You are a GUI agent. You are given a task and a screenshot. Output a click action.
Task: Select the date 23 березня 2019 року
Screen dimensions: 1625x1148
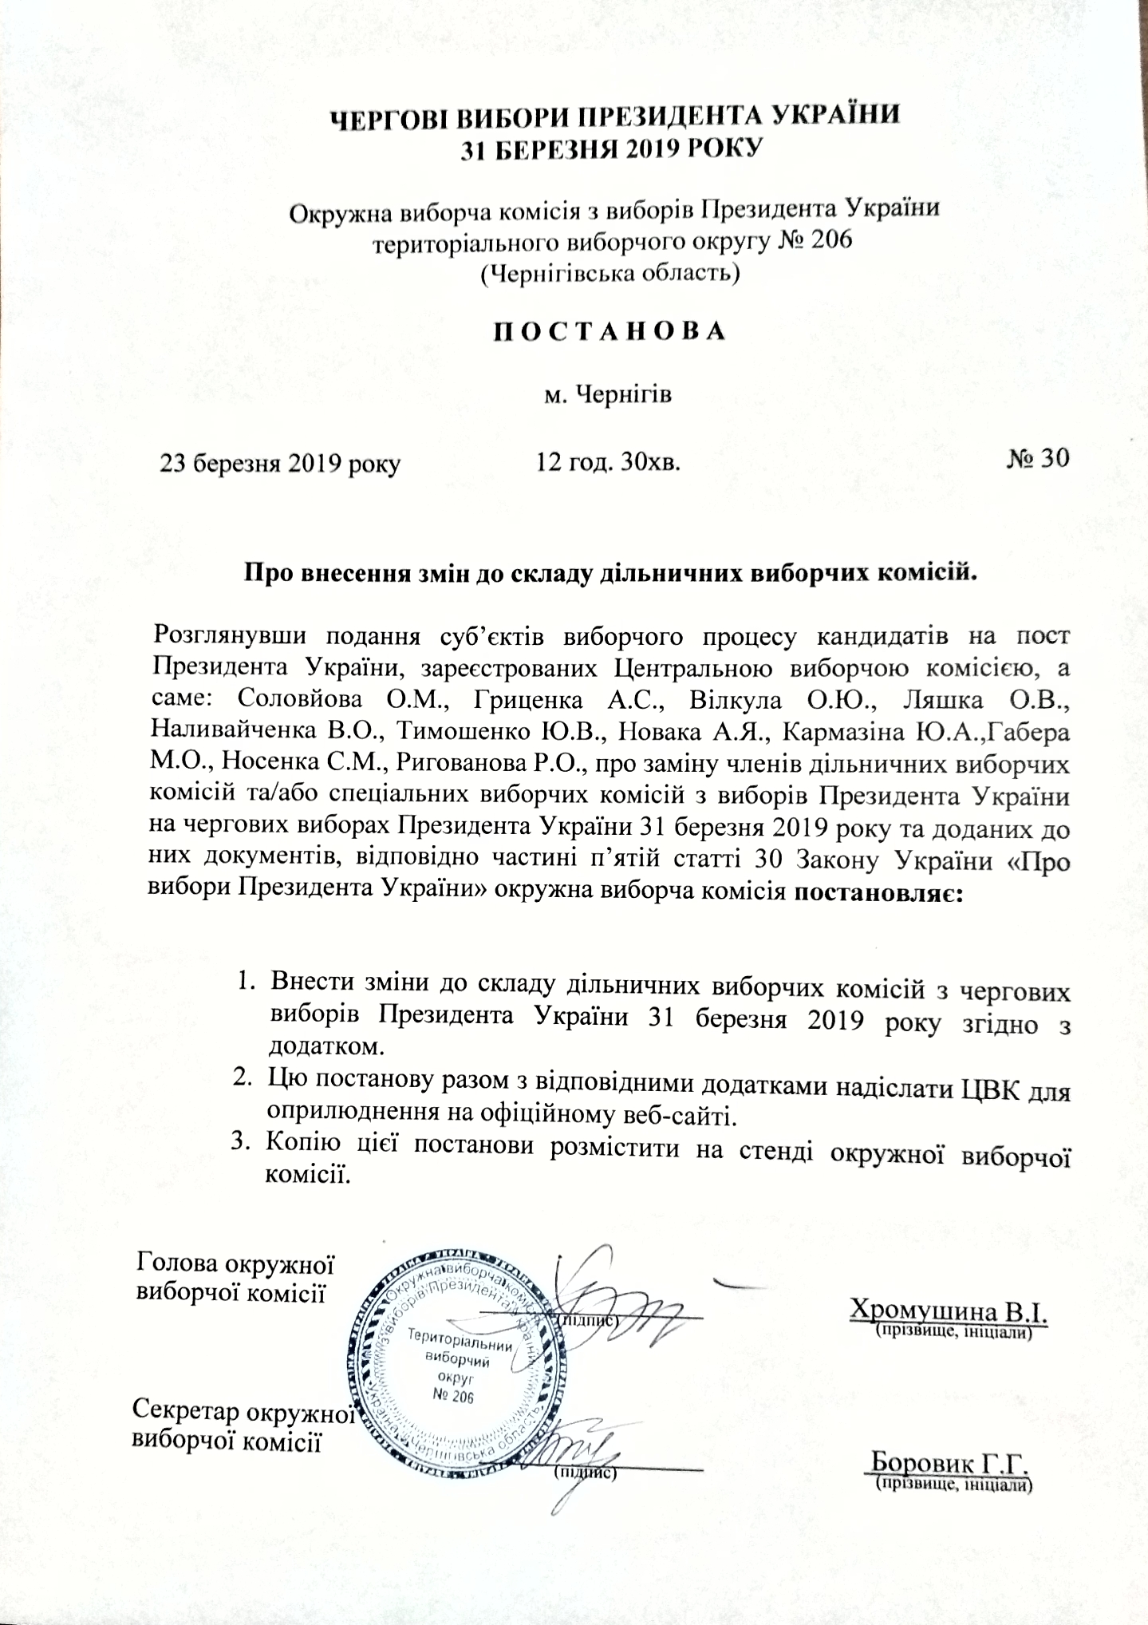tap(280, 463)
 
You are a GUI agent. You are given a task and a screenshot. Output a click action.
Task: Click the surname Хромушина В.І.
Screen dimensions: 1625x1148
tap(949, 1311)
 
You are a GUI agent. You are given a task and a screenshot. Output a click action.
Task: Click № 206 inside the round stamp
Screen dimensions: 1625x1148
tap(452, 1397)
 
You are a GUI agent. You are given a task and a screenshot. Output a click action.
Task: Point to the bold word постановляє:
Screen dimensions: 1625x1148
tap(879, 891)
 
